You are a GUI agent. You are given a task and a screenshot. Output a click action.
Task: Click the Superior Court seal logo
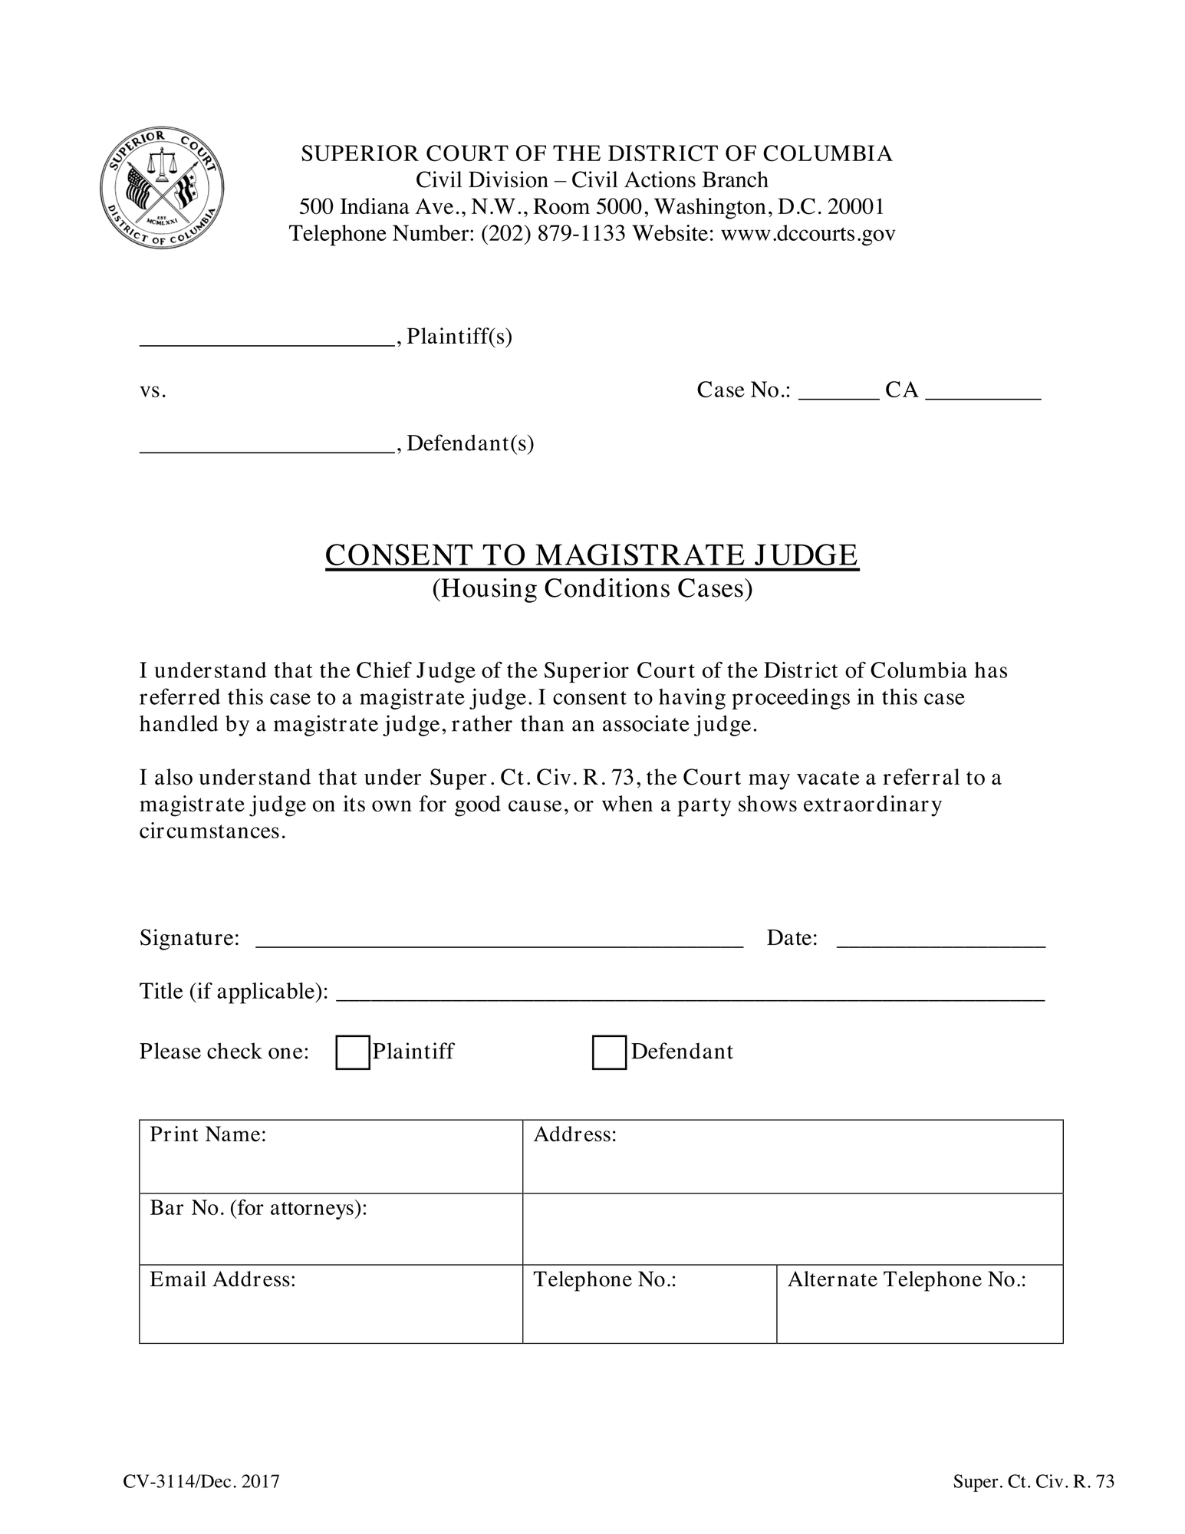point(162,189)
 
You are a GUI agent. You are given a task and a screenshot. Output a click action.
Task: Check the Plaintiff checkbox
point(353,1052)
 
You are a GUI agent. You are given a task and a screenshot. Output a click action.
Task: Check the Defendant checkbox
point(609,1052)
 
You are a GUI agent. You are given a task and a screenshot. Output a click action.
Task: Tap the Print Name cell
point(331,1156)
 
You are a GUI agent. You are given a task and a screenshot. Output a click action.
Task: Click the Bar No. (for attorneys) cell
point(331,1229)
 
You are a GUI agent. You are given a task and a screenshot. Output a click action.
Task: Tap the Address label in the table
point(575,1134)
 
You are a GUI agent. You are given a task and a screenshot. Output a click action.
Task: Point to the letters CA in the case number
point(901,390)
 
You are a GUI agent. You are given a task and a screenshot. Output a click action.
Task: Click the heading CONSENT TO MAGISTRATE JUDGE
point(591,555)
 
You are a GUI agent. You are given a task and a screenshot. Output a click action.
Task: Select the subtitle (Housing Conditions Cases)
point(592,588)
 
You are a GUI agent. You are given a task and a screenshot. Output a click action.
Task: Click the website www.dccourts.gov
point(808,233)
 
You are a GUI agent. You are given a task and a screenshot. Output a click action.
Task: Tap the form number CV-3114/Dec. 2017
point(201,1481)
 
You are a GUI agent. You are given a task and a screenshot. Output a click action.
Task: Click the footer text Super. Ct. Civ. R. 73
point(1033,1481)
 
